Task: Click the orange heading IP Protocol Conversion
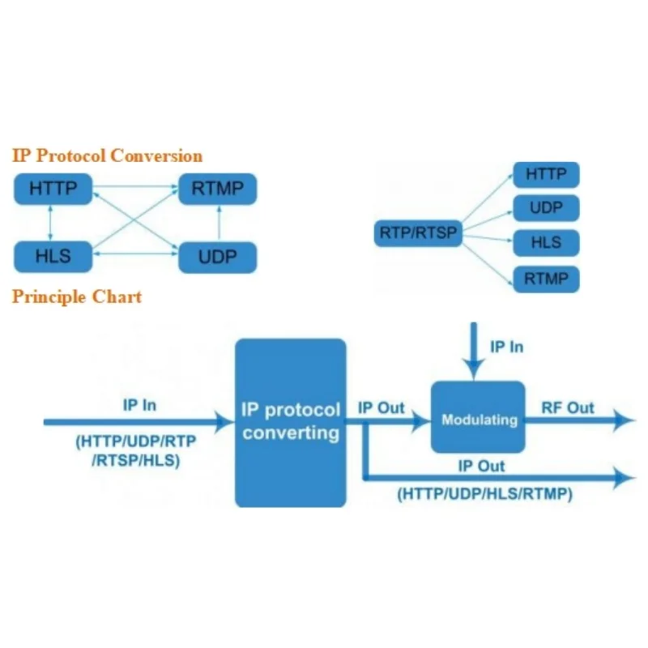tap(107, 156)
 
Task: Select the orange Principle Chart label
tap(77, 296)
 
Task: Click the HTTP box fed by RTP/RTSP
tap(546, 174)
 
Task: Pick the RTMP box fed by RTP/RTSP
tap(546, 279)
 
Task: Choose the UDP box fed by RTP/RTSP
tap(546, 208)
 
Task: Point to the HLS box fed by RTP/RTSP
tap(546, 243)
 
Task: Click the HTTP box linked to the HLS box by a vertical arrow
tap(53, 190)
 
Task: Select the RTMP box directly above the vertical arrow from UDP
tap(217, 190)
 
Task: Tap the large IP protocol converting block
tap(290, 422)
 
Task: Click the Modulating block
tap(478, 420)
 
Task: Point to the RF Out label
tap(567, 407)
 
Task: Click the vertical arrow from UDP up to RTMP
tap(217, 224)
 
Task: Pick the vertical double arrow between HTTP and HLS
tap(53, 224)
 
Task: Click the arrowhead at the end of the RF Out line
tap(625, 420)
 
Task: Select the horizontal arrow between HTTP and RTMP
tap(136, 188)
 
